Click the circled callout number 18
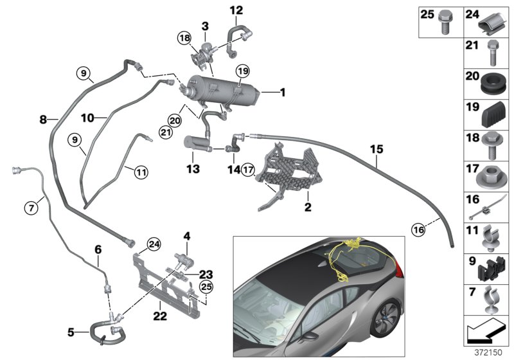click(x=186, y=40)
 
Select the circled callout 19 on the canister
click(x=242, y=70)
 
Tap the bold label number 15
click(x=377, y=149)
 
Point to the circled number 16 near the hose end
click(x=418, y=228)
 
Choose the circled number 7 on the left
click(x=30, y=208)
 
